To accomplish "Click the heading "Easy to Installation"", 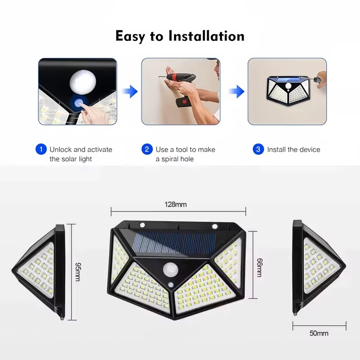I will (180, 36).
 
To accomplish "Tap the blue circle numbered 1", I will (41, 149).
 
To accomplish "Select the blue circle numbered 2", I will (147, 149).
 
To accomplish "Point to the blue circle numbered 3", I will (258, 149).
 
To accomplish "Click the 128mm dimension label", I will (175, 205).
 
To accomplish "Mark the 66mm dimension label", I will (259, 267).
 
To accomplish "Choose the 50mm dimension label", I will (319, 333).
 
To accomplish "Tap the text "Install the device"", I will (294, 149).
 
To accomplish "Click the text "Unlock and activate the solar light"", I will (81, 154).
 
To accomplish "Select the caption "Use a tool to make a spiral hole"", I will (185, 154).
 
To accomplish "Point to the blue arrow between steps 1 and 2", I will (130, 92).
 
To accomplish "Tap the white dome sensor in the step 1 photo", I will (83, 81).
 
